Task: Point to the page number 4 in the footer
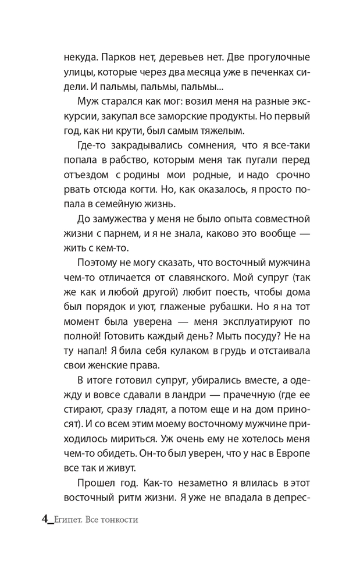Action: click(x=45, y=519)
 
